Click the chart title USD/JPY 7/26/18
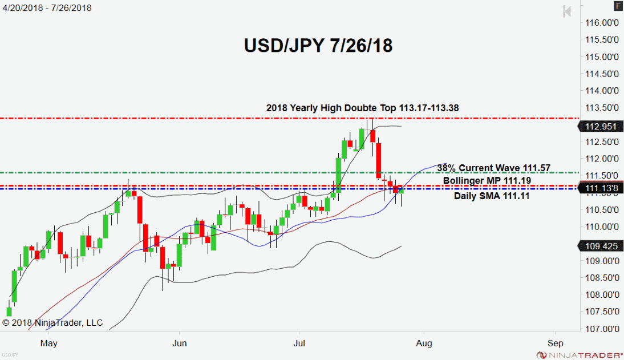[318, 46]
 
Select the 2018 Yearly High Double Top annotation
[363, 108]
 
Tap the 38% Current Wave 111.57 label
[494, 168]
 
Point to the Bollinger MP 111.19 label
[488, 180]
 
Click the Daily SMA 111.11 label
[492, 196]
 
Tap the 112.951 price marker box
[599, 127]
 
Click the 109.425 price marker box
[599, 246]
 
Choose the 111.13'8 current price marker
[599, 188]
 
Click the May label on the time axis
[50, 343]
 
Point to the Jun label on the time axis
[180, 343]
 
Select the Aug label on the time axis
[424, 343]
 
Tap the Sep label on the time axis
[555, 343]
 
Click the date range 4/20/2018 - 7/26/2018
[47, 8]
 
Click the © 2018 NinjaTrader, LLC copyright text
[52, 323]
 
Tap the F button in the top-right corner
[618, 6]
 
